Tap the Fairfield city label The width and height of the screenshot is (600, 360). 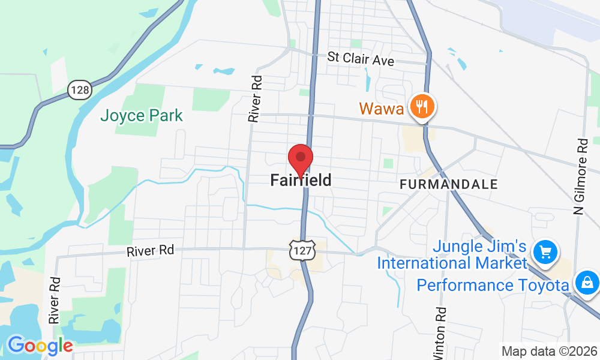coord(301,180)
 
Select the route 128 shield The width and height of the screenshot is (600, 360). coord(79,91)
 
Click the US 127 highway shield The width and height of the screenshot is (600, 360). coord(302,251)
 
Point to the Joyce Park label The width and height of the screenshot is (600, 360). coord(142,115)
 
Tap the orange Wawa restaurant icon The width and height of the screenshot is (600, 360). coord(423,107)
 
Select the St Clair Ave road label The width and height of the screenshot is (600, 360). coord(361,59)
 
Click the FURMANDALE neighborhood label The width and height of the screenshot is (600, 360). coord(449,184)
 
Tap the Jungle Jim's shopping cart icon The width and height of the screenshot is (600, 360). coord(545,251)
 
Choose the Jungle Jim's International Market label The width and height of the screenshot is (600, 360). coord(451,255)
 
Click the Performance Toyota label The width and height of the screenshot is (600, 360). coord(493,284)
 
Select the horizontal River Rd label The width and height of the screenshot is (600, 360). coord(150,250)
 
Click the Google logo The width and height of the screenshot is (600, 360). coord(40,346)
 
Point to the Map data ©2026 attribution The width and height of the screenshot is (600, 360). coord(549,352)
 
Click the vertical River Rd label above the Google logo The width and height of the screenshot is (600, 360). coord(55,300)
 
